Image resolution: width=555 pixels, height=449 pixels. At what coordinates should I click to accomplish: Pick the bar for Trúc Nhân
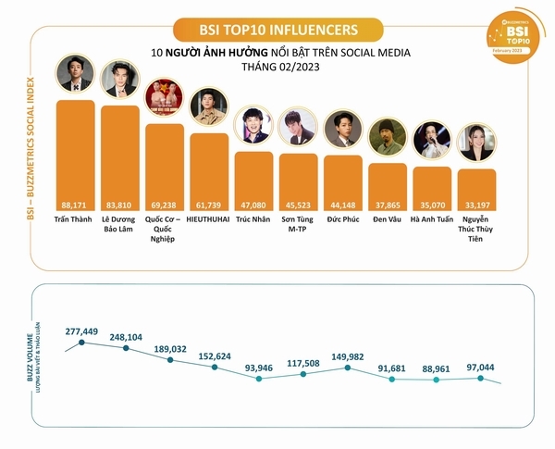pyautogui.click(x=253, y=181)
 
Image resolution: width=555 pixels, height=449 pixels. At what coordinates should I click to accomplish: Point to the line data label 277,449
pyautogui.click(x=82, y=330)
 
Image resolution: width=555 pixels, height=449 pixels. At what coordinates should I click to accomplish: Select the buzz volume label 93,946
pyautogui.click(x=259, y=367)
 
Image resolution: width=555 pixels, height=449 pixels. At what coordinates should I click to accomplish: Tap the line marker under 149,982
pyautogui.click(x=347, y=368)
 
